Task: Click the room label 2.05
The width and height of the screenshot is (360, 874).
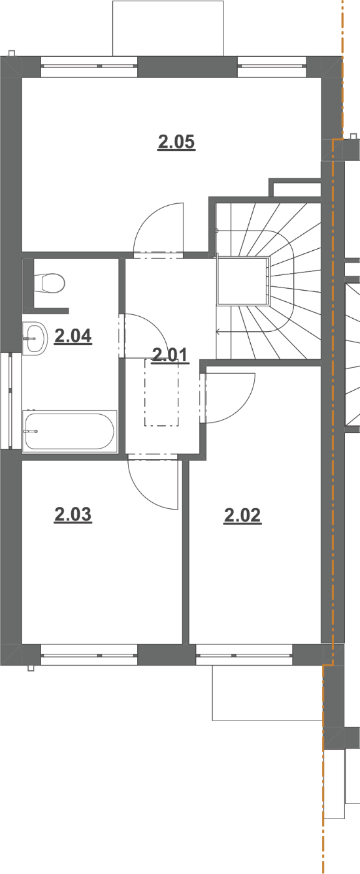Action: (176, 142)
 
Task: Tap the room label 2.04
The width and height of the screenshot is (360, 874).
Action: (73, 336)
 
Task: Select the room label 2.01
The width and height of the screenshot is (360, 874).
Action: (170, 355)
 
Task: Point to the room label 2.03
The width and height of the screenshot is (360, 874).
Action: (73, 514)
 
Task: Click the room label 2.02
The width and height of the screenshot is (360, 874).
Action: (242, 515)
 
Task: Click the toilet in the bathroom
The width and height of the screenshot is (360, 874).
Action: (49, 283)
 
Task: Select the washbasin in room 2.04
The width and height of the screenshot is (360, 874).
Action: (35, 338)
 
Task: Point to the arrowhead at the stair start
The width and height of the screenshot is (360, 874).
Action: (218, 332)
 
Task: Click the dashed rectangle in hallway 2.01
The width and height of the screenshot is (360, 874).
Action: (161, 393)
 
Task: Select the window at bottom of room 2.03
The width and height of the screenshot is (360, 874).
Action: (90, 655)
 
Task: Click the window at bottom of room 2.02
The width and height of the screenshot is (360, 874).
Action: (244, 655)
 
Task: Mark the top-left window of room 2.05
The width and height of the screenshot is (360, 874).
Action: (90, 67)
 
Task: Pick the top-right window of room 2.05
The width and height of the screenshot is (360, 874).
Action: (272, 67)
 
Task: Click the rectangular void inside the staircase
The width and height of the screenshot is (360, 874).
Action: (243, 280)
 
